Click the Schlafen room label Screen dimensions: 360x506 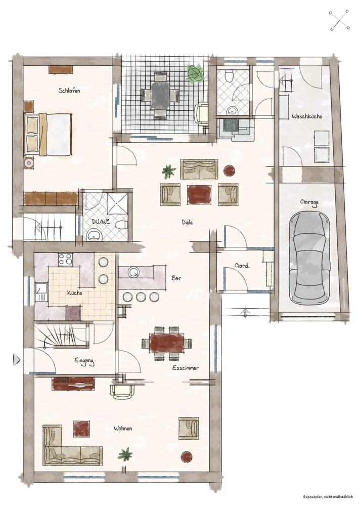pos(69,91)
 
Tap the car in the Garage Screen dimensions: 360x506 pos(309,257)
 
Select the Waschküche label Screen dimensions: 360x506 pos(307,116)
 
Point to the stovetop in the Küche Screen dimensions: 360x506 pos(66,260)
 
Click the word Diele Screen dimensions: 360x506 pos(187,222)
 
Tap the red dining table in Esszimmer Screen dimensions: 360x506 pos(167,344)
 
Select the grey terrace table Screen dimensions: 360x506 pos(160,96)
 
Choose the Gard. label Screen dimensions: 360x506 pos(242,266)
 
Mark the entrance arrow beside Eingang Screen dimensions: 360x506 pos(17,359)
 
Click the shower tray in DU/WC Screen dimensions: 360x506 pos(117,203)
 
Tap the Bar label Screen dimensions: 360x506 pos(176,278)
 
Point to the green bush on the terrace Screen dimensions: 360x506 pos(195,73)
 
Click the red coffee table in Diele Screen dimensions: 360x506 pos(199,194)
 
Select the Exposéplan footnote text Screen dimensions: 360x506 pos(328,497)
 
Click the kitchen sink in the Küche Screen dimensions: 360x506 pos(41,291)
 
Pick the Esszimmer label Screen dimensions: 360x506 pos(186,367)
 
